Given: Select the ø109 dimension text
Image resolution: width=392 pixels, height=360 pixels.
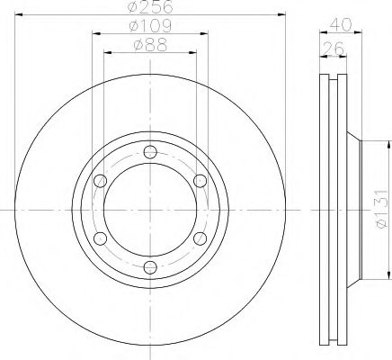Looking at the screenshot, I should (149, 27).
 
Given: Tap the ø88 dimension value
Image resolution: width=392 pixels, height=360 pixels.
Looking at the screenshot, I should (149, 44).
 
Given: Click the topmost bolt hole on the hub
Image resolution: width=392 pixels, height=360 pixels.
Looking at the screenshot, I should (149, 150).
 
